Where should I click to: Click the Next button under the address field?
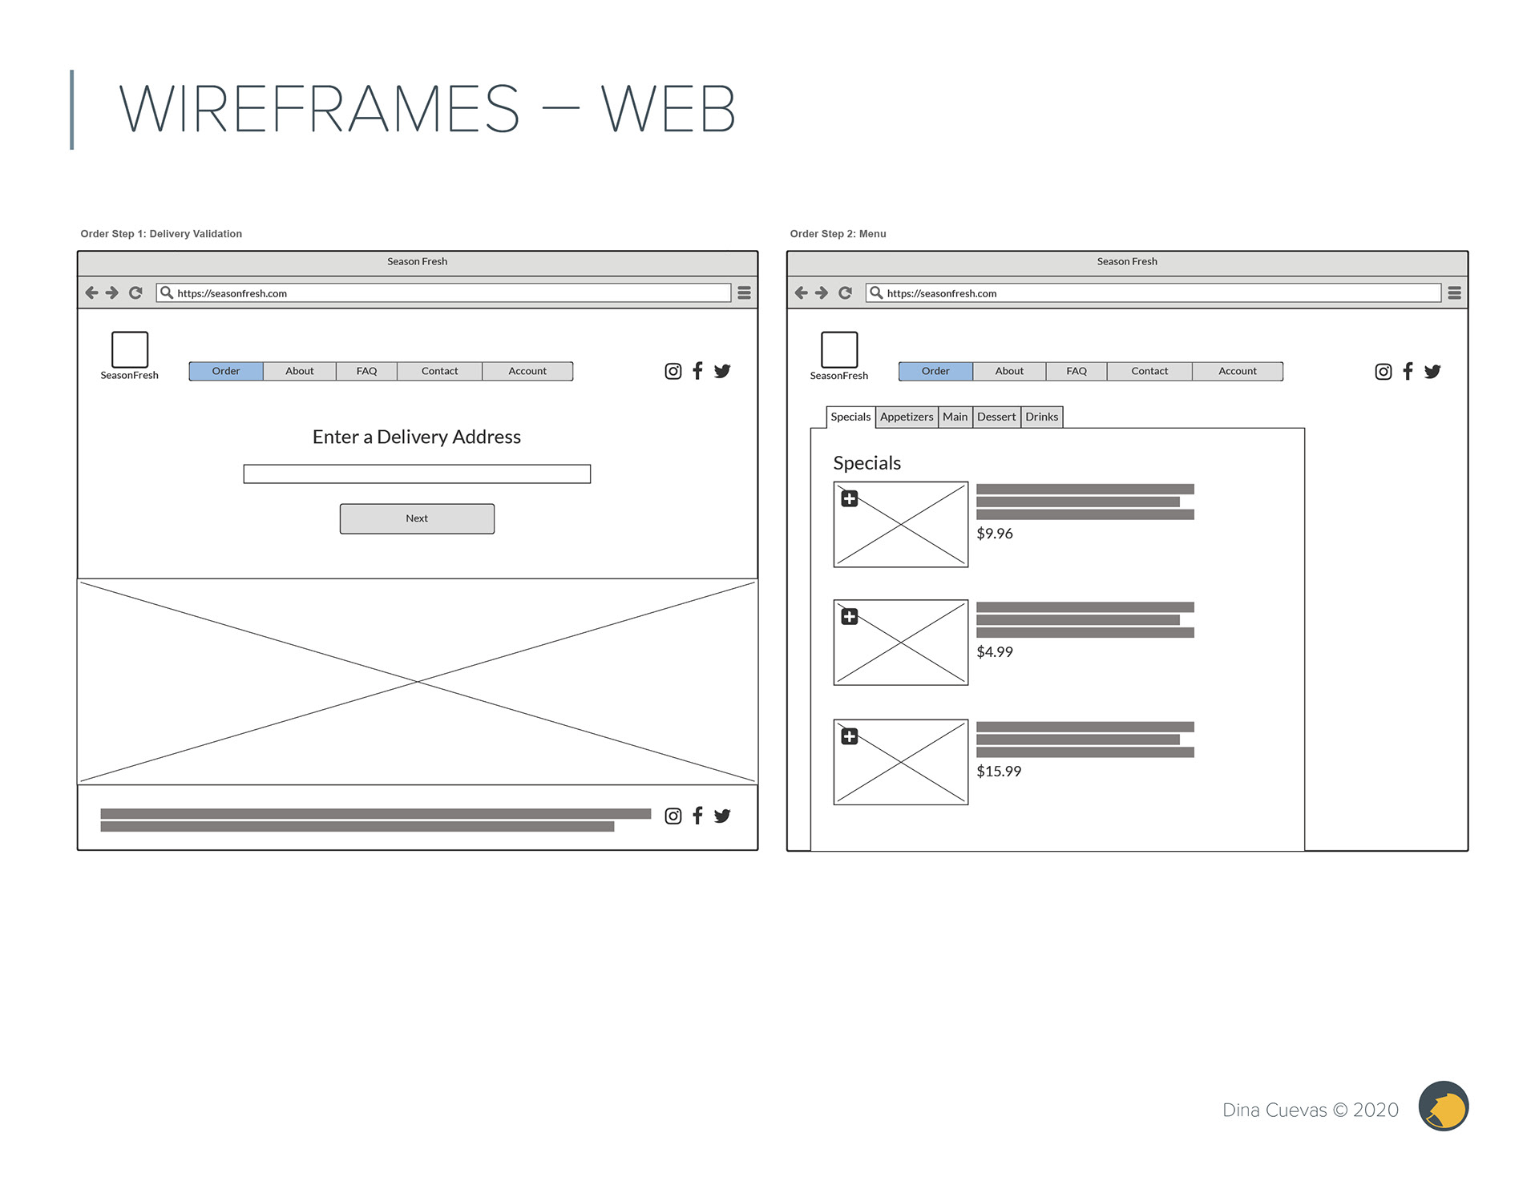[417, 518]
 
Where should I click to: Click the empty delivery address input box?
[417, 474]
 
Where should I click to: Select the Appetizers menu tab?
[907, 417]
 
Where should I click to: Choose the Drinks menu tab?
[1041, 417]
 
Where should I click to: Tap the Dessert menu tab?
[996, 417]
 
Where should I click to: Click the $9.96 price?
[995, 534]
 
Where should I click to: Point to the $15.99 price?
[999, 772]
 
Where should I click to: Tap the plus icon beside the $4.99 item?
[850, 617]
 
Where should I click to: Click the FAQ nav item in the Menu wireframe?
[1076, 371]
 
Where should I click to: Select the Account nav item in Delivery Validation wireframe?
[527, 371]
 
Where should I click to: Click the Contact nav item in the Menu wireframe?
[1149, 371]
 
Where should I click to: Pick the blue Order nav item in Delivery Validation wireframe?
[226, 371]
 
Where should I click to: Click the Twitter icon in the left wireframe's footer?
[722, 816]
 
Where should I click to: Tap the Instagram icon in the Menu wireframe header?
[1383, 372]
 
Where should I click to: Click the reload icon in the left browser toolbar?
[135, 293]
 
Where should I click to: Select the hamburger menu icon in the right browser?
[1455, 293]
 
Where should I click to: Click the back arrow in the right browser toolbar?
[801, 293]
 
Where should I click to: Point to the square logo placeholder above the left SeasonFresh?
[130, 349]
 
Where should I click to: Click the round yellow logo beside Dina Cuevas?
[1443, 1106]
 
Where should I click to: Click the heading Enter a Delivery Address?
[417, 437]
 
